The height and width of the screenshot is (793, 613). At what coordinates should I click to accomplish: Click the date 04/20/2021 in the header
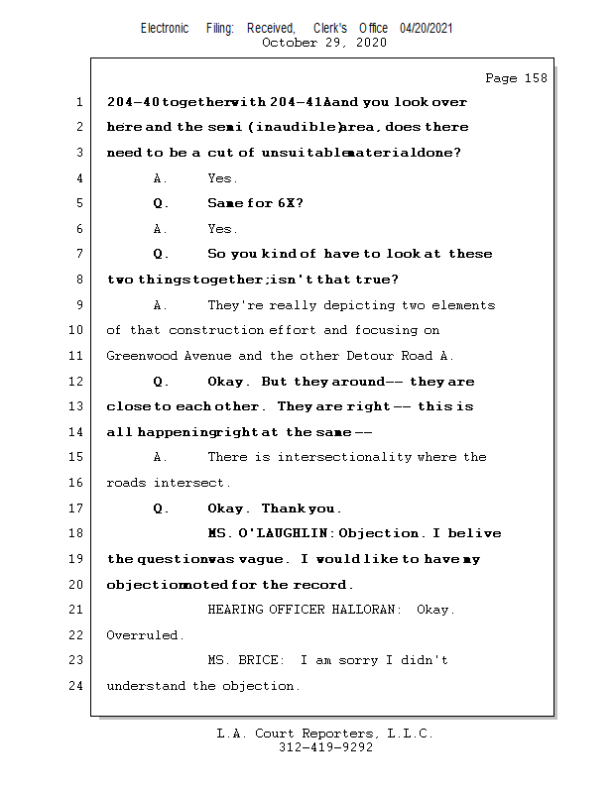click(427, 29)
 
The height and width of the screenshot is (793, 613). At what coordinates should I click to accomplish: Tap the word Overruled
click(144, 634)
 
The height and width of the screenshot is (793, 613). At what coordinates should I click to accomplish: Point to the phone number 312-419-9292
click(325, 748)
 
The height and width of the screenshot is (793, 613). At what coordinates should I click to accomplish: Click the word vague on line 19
click(260, 559)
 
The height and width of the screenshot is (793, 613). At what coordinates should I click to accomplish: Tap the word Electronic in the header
click(165, 29)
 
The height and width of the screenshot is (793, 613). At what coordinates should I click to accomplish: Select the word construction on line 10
click(214, 330)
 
